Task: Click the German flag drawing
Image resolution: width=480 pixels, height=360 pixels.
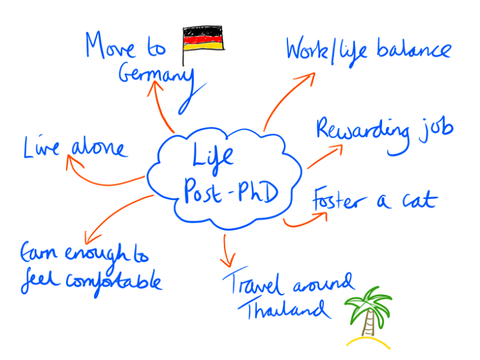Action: coord(202,39)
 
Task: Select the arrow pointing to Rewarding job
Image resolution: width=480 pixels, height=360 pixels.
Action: coord(323,156)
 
